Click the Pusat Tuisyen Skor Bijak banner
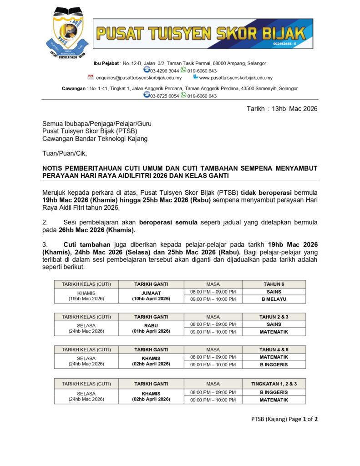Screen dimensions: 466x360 click(x=203, y=33)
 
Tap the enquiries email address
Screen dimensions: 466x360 click(x=139, y=78)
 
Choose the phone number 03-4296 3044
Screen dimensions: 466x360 click(x=164, y=71)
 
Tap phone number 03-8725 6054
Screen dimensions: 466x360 click(x=164, y=96)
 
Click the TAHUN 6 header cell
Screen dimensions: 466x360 click(x=274, y=284)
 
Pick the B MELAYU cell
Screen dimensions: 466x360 click(x=274, y=299)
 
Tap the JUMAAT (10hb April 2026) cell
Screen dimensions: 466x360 click(x=151, y=296)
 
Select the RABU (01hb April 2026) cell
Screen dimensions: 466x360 click(x=151, y=329)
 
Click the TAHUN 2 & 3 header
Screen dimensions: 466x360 click(x=274, y=317)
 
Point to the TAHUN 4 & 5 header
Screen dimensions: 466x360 click(x=274, y=349)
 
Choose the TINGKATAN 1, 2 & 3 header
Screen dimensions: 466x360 click(x=274, y=384)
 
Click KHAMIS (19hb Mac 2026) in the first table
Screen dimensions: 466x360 click(x=86, y=296)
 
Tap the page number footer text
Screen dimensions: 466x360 click(x=284, y=419)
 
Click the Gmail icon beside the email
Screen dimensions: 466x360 click(x=91, y=77)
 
